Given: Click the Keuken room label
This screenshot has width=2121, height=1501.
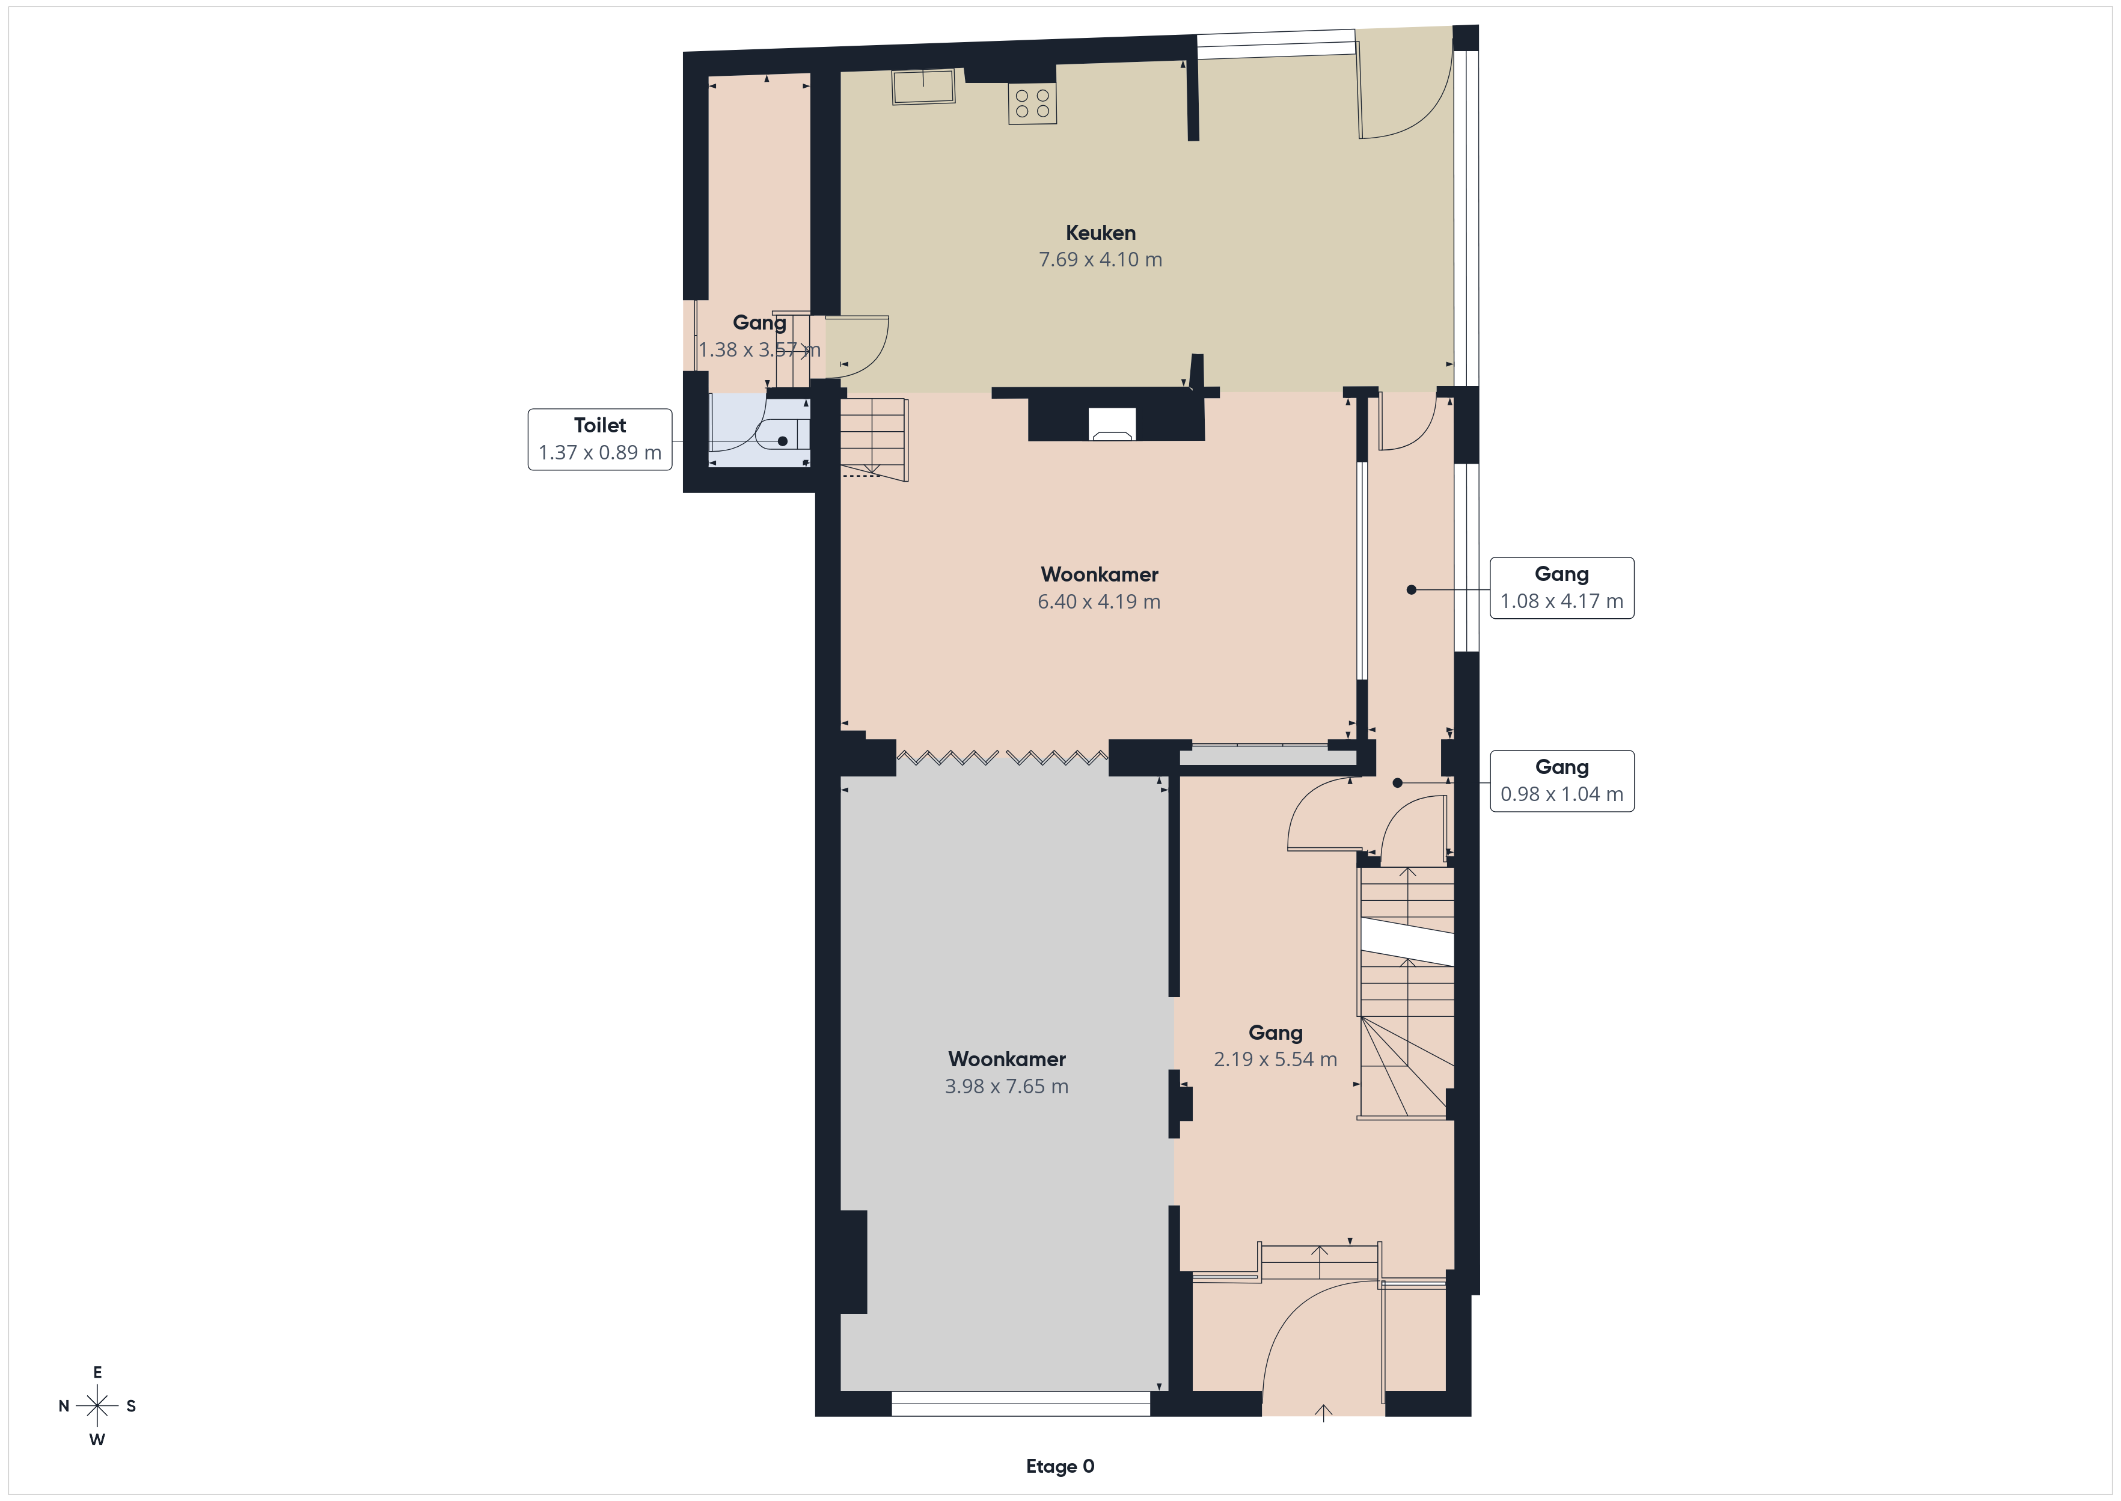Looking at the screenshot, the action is [x=1100, y=233].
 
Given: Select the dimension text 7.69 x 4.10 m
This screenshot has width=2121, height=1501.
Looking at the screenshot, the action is [x=1100, y=260].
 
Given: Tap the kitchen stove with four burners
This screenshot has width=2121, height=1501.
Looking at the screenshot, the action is [x=1032, y=103].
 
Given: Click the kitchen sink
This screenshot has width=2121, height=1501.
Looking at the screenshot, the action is [x=923, y=87].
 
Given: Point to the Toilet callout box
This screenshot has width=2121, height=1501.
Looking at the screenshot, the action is [x=599, y=439].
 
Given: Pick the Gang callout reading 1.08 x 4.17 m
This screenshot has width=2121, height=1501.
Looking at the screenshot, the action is [x=1561, y=588].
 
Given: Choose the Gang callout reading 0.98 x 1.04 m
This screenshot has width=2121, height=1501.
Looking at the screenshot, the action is [x=1561, y=781].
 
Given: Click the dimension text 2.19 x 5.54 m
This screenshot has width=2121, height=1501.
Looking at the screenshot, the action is [x=1275, y=1059].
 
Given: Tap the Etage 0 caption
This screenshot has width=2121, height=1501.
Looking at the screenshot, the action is [x=1059, y=1466].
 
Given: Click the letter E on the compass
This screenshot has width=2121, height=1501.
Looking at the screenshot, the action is [x=97, y=1372].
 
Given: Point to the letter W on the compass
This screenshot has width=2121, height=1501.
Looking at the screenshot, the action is [x=97, y=1439].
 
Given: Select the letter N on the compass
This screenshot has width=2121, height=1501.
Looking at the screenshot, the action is [x=64, y=1406].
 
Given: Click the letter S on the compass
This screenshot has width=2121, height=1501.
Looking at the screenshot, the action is [x=131, y=1406].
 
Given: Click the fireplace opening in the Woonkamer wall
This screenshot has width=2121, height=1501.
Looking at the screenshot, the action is [x=1112, y=424].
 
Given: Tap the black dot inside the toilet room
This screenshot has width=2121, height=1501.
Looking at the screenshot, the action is [x=782, y=441].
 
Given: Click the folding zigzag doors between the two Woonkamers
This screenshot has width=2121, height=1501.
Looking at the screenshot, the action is [x=1002, y=758].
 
